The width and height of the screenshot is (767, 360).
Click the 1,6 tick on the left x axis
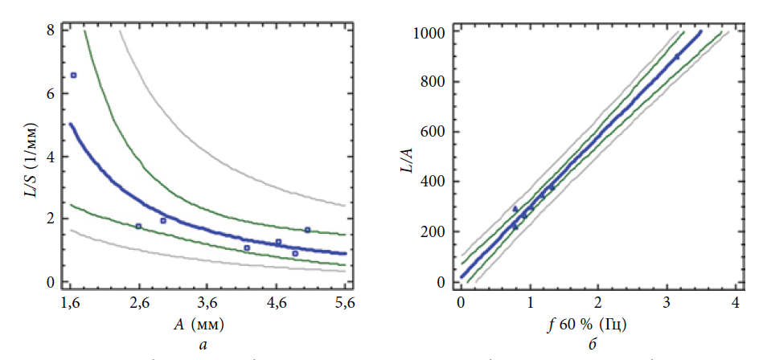71,305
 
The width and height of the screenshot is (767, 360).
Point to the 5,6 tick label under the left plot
346,305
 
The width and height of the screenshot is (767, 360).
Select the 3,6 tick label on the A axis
208,305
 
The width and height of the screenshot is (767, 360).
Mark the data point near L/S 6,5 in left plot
73,75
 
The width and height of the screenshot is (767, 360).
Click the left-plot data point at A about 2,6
138,226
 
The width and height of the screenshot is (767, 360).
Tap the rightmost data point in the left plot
307,230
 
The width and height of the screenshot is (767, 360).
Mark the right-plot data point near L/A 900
676,56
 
